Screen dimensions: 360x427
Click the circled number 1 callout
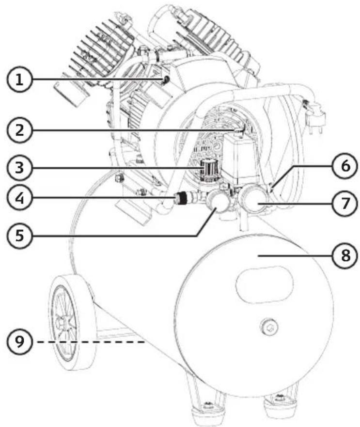(19, 79)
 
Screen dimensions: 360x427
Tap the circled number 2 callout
(19, 130)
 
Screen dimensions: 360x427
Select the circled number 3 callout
(19, 167)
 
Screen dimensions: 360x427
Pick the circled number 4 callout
(19, 198)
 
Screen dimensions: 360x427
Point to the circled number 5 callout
(19, 235)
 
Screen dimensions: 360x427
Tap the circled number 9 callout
(19, 342)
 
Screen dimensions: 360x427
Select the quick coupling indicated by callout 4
(181, 198)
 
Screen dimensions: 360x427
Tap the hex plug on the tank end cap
(268, 326)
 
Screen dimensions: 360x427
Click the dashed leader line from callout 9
(91, 342)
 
